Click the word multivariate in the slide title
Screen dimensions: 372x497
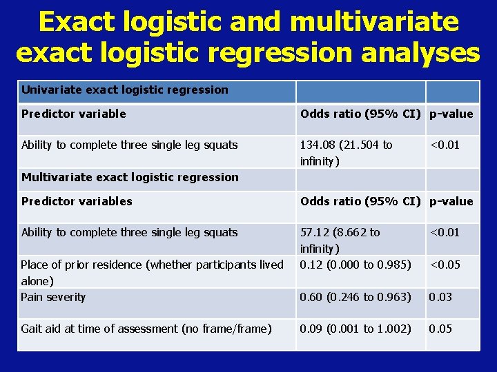coord(375,22)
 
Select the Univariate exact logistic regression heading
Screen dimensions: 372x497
coord(124,90)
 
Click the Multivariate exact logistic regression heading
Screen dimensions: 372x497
coord(130,177)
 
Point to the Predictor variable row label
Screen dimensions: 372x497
coord(74,114)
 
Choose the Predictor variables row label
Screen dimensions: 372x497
coord(77,201)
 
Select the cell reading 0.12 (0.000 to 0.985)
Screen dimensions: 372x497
coord(355,265)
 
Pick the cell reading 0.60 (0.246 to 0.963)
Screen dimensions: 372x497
coord(355,297)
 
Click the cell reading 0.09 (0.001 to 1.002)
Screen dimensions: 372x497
coord(355,329)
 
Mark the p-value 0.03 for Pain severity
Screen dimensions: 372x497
coord(440,297)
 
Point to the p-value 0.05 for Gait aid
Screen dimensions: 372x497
coord(440,329)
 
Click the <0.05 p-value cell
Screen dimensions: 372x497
coord(445,265)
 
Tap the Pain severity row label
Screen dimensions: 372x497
coord(53,297)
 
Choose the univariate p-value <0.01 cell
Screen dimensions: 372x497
coord(445,145)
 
